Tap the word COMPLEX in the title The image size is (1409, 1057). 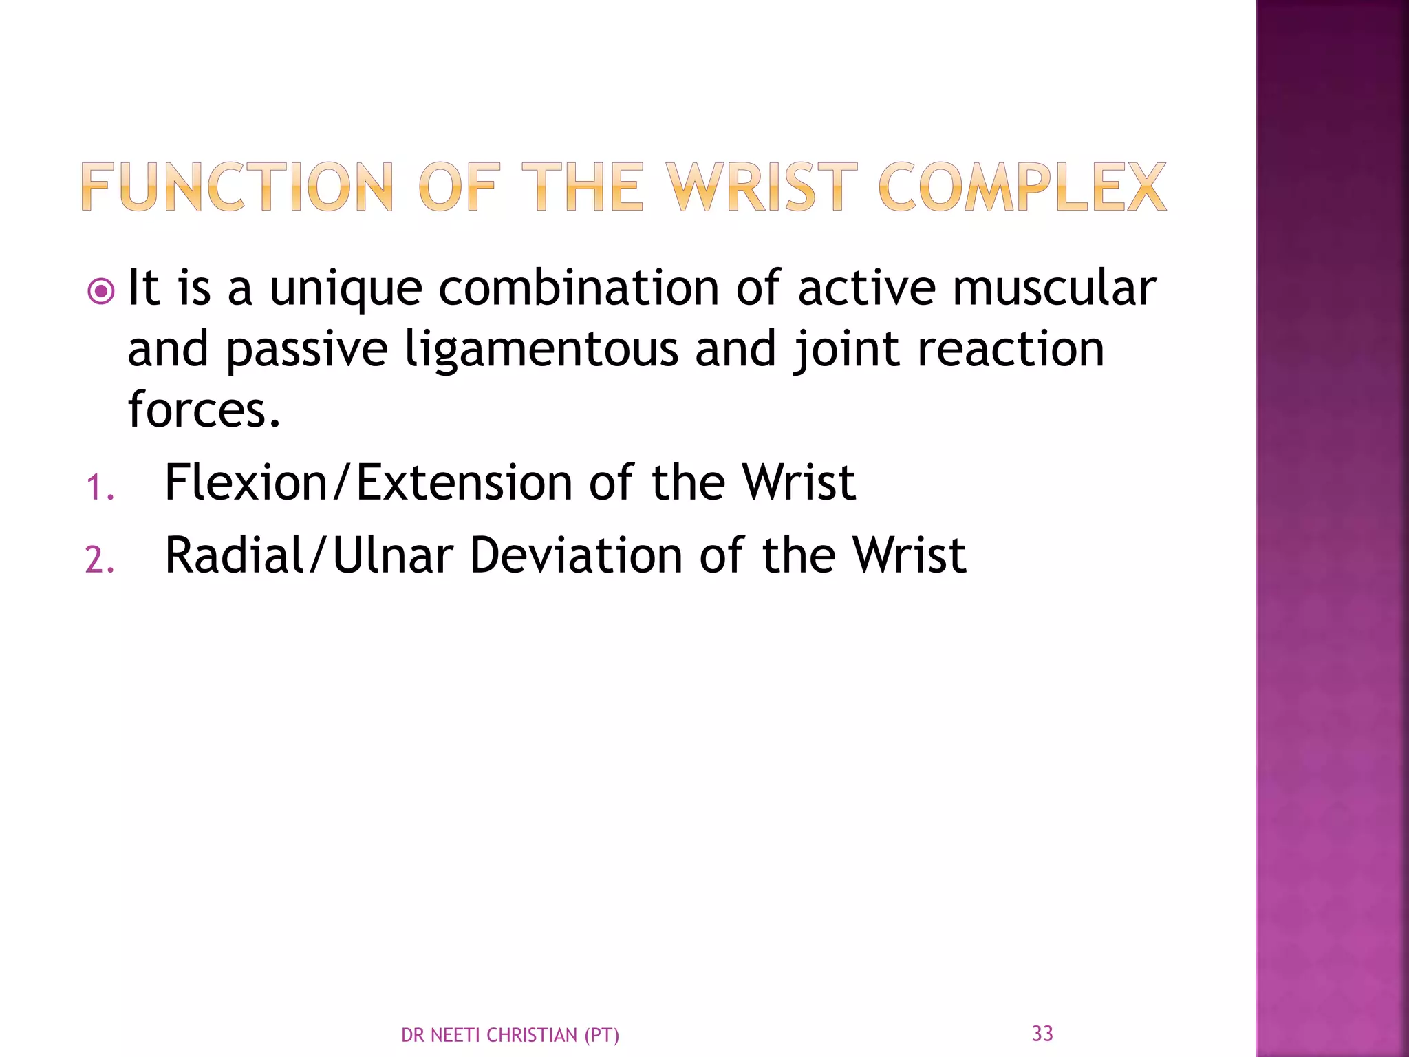[1022, 186]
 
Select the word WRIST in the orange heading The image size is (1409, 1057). [761, 186]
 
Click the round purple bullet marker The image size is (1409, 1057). [100, 292]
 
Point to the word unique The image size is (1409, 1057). [345, 289]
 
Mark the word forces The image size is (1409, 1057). [204, 409]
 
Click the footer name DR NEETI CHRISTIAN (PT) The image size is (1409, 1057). [510, 1035]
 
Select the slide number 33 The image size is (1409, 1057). [1042, 1033]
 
